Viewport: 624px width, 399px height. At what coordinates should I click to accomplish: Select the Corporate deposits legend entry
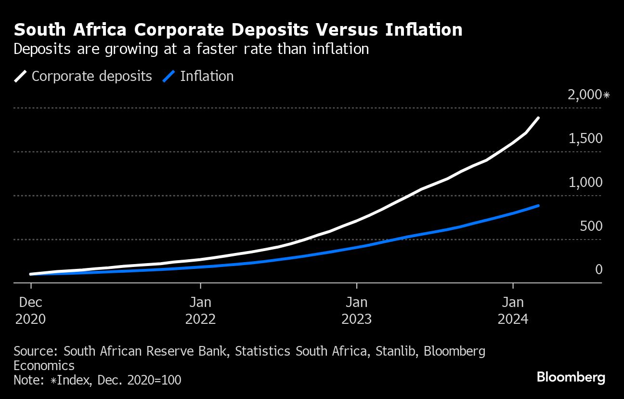[91, 76]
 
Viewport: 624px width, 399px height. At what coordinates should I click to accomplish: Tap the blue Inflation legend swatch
[169, 76]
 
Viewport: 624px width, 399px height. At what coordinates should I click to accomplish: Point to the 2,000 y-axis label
[585, 94]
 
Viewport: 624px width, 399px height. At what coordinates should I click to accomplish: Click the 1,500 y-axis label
[585, 138]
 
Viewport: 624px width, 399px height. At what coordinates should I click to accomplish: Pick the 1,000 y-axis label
[585, 182]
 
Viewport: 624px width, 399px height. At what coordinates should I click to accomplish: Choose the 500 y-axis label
[591, 226]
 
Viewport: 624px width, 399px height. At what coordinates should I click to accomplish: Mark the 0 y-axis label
[599, 269]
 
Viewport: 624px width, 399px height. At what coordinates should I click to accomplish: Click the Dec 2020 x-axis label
[31, 311]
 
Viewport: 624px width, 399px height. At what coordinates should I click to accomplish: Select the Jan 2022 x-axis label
[200, 311]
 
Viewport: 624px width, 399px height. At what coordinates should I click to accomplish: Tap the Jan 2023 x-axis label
[356, 311]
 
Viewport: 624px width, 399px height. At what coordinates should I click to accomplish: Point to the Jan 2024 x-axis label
[513, 311]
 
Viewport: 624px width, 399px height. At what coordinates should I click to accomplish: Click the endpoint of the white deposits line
[538, 118]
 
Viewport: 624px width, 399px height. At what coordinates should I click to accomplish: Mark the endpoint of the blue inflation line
[538, 206]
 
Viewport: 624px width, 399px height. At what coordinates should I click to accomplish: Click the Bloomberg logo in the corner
[571, 377]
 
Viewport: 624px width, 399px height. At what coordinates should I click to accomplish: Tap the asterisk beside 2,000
[606, 94]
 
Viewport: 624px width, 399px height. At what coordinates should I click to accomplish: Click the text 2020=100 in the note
[155, 379]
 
